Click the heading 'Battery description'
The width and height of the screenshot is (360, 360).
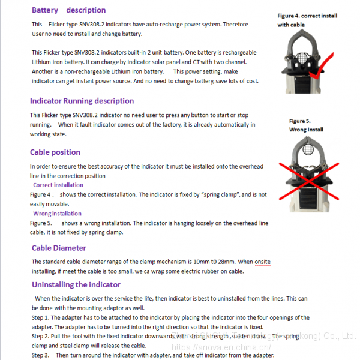pyautogui.click(x=68, y=10)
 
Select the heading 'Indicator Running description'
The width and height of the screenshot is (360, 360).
pyautogui.click(x=82, y=101)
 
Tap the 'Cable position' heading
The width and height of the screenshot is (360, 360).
pyautogui.click(x=55, y=152)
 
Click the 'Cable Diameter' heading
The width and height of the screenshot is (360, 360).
pyautogui.click(x=59, y=248)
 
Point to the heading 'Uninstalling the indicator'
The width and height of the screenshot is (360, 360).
pyautogui.click(x=76, y=284)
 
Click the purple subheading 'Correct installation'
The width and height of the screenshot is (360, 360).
pyautogui.click(x=58, y=185)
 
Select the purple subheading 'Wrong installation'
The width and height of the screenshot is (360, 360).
pyautogui.click(x=57, y=214)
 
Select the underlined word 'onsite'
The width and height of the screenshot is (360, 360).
pyautogui.click(x=262, y=262)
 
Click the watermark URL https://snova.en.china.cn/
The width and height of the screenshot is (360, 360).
pyautogui.click(x=221, y=347)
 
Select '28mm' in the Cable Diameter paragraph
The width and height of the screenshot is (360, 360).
pyautogui.click(x=226, y=262)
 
